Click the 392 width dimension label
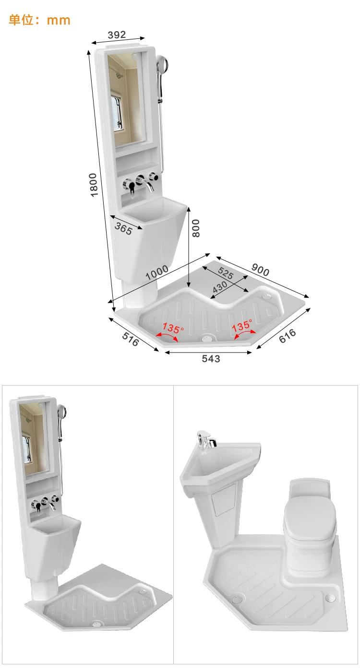coord(117,35)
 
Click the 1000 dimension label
coord(157,272)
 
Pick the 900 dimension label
coord(261,271)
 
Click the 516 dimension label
coord(131,339)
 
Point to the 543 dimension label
coord(211,359)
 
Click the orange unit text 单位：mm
coord(39,20)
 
